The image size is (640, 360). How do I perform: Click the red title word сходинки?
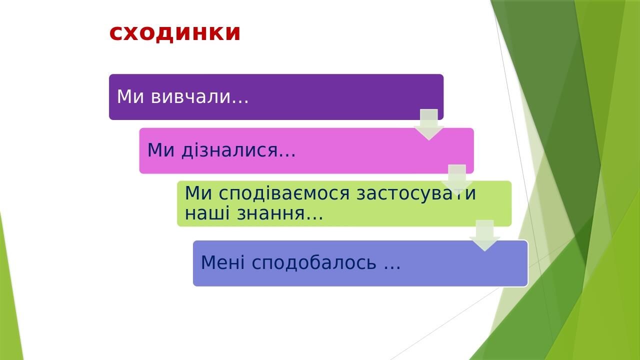pos(175,33)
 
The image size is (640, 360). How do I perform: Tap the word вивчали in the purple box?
pos(190,96)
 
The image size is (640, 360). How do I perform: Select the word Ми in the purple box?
pos(131,96)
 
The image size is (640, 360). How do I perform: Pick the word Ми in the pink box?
pos(161,150)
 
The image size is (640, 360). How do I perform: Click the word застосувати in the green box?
pos(416,193)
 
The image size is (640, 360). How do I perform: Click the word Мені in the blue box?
pos(223,262)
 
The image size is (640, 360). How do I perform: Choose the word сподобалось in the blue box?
pos(313,262)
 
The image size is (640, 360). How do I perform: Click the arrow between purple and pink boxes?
pos(429,124)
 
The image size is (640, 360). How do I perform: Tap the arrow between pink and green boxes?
pos(457,178)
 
